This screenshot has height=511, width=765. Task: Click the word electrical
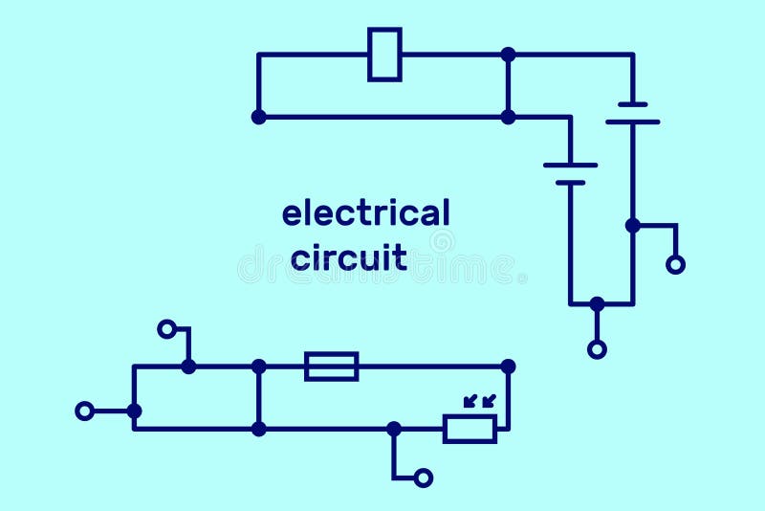click(x=365, y=213)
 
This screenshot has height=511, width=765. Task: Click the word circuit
click(x=349, y=257)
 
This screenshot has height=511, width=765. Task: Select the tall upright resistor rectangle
click(x=384, y=55)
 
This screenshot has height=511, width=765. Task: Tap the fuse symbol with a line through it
click(x=331, y=366)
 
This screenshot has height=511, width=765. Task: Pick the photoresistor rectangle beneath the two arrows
click(x=470, y=429)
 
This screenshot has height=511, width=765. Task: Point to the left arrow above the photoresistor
click(x=470, y=401)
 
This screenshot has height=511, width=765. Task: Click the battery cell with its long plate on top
click(x=570, y=173)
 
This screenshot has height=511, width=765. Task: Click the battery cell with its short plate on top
click(x=632, y=113)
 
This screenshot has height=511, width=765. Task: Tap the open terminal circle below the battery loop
click(x=597, y=349)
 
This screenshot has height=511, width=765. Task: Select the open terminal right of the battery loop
click(x=675, y=264)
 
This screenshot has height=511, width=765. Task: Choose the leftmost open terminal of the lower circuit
click(x=85, y=411)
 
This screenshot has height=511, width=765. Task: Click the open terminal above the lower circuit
click(x=167, y=329)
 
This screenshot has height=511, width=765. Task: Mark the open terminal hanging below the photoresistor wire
click(x=424, y=477)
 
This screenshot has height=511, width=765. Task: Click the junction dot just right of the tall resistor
click(x=508, y=55)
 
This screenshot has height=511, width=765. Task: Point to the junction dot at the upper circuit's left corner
click(x=258, y=117)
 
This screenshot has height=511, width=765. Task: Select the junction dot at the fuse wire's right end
click(x=508, y=366)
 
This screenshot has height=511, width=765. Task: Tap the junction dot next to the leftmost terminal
click(x=134, y=411)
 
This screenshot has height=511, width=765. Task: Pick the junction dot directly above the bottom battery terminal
click(x=597, y=304)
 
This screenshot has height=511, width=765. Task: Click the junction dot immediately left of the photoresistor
click(x=394, y=429)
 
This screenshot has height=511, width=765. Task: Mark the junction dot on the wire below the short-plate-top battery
click(x=632, y=225)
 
